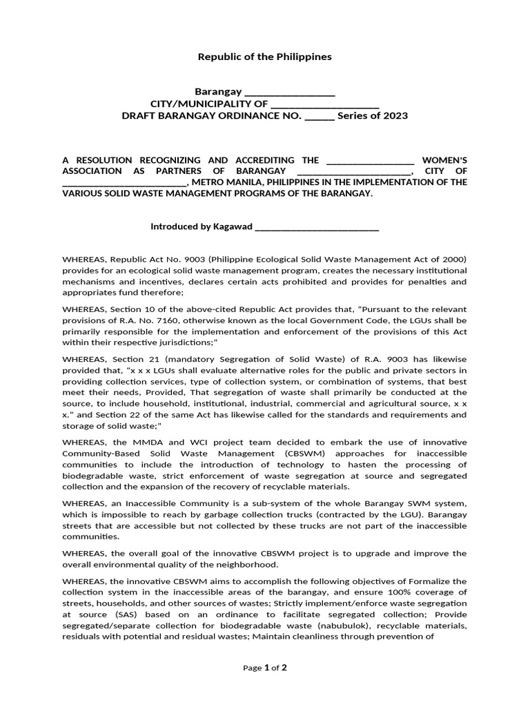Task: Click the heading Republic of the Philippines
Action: coord(265,57)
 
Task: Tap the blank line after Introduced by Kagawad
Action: coord(317,227)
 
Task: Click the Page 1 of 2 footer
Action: coord(265,668)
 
